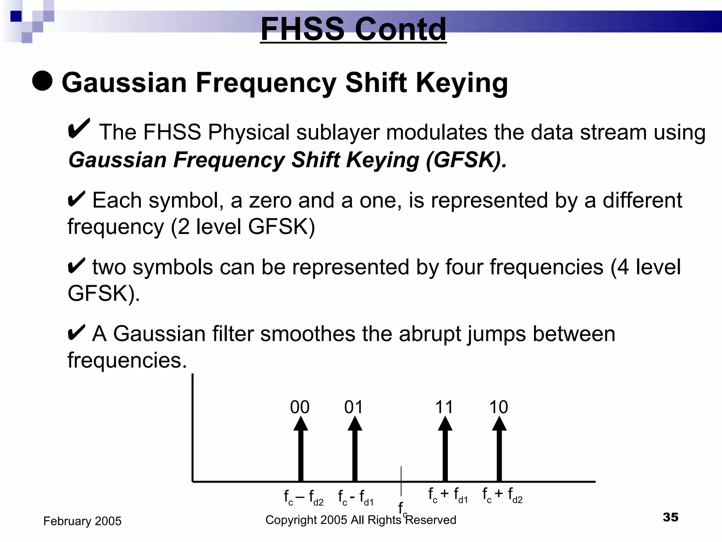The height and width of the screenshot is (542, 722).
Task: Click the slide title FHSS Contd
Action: tap(353, 29)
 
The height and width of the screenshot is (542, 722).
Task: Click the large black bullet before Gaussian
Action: tap(42, 80)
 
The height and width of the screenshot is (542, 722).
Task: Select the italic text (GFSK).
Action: tap(466, 160)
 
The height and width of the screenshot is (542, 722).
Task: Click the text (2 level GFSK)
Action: tap(243, 227)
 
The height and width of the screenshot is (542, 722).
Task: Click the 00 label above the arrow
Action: tap(300, 407)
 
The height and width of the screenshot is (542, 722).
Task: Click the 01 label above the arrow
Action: tap(354, 407)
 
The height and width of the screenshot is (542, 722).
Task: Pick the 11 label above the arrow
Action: tap(444, 407)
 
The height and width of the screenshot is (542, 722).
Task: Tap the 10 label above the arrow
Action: tap(498, 407)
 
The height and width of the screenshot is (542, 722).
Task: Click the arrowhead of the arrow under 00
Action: tap(301, 424)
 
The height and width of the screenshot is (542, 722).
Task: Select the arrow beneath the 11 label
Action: tap(445, 452)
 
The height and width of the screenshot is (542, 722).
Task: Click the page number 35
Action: tap(670, 517)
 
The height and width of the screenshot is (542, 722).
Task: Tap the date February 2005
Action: tap(82, 521)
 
